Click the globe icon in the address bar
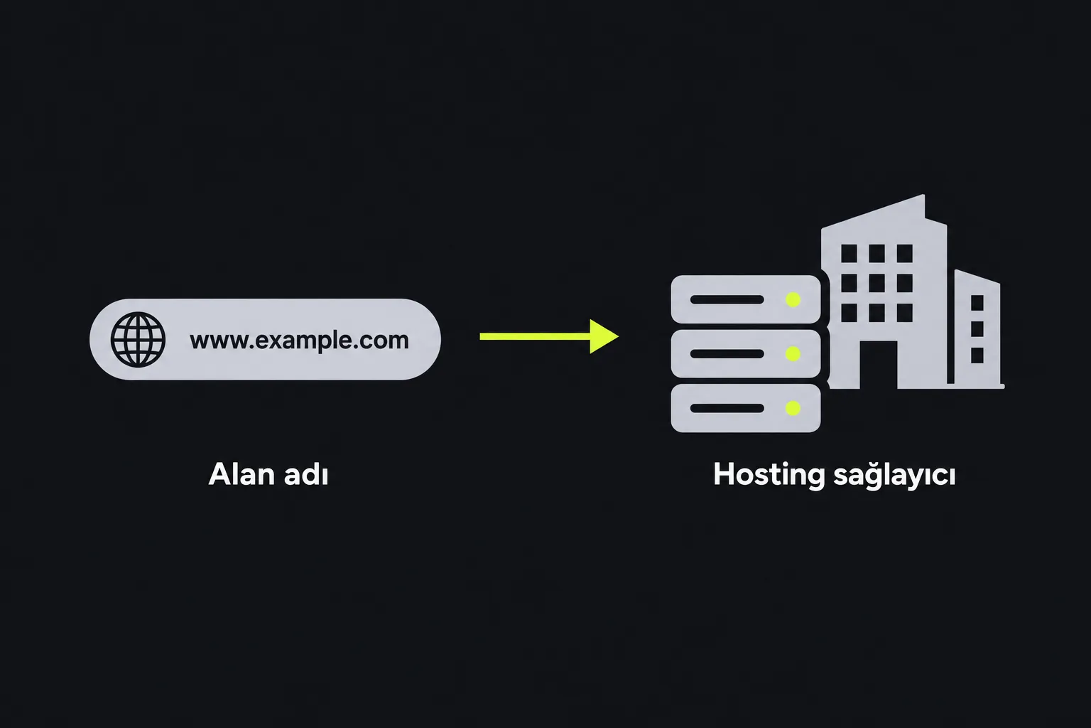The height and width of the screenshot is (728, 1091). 138,339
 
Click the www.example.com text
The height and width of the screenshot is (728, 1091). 299,341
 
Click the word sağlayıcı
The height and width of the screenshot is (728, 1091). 895,476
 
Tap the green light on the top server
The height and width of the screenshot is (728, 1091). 793,300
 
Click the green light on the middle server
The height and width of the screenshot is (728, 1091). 793,354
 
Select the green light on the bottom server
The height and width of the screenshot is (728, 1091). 793,408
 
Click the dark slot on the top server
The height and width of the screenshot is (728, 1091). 727,300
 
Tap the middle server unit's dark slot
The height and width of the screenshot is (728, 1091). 727,354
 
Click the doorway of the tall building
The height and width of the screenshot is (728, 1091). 878,365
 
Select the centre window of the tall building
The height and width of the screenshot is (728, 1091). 876,283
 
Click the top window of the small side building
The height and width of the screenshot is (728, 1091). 977,303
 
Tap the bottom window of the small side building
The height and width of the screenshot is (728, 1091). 977,355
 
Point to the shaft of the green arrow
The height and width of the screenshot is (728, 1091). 535,336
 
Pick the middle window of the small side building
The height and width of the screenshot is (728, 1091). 977,329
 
